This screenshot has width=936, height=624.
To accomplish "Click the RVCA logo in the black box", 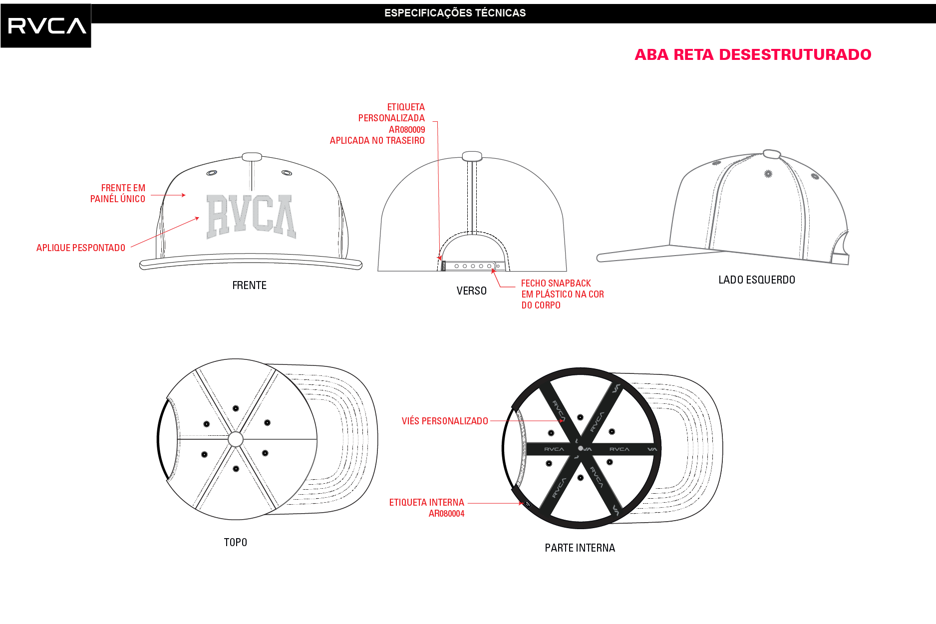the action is (47, 26).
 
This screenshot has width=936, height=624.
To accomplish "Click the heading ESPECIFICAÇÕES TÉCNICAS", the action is (455, 13).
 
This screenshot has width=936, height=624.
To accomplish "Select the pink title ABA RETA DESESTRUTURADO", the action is (753, 54).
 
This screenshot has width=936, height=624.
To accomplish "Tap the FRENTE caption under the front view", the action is (249, 286).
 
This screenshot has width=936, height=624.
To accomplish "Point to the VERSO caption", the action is (471, 291).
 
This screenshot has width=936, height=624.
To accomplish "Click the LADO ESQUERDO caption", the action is (757, 280).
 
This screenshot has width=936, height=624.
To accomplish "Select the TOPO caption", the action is (235, 543).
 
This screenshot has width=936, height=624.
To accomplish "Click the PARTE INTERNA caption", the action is (580, 548).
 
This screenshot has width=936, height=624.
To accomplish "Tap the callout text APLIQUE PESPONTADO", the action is (81, 248).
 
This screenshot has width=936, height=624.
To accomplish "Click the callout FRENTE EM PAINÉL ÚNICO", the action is (118, 194).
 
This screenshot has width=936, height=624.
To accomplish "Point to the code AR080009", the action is (407, 130).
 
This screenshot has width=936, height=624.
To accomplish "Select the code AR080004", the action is (446, 514).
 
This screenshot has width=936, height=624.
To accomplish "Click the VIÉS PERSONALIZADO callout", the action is (445, 421).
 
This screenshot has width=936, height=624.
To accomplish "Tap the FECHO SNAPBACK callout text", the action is (563, 295).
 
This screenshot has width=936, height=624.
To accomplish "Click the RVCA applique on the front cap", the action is (251, 216).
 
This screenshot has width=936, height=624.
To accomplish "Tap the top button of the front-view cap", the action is (252, 157).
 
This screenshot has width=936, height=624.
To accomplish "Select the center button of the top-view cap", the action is (236, 439).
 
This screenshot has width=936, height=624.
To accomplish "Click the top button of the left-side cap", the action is (772, 154).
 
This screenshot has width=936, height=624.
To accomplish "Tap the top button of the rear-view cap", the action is (472, 156).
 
